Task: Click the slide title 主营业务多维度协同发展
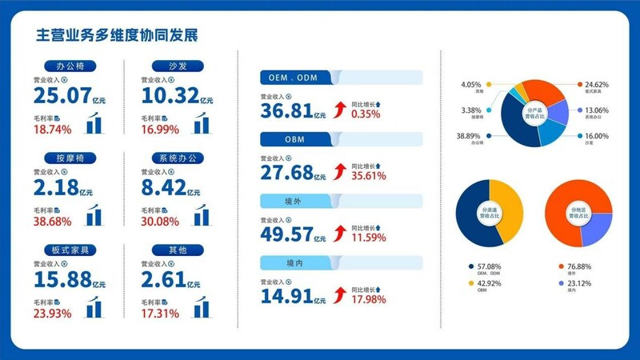pyautogui.click(x=118, y=35)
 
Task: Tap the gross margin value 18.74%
pyautogui.click(x=53, y=128)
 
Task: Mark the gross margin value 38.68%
pyautogui.click(x=53, y=219)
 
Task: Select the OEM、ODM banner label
pyautogui.click(x=296, y=77)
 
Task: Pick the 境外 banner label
pyautogui.click(x=296, y=200)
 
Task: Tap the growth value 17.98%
pyautogui.click(x=369, y=299)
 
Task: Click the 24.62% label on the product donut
pyautogui.click(x=596, y=83)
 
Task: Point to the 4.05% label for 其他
pyautogui.click(x=472, y=83)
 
